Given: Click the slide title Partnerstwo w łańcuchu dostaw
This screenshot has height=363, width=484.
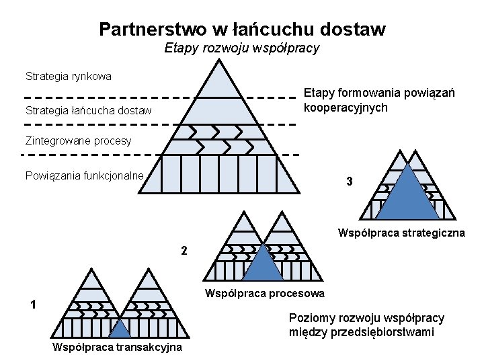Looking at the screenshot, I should point(242,30).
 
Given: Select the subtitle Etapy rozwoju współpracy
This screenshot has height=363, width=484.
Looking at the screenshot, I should point(242,48).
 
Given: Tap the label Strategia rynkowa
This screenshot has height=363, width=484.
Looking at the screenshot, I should point(69,76).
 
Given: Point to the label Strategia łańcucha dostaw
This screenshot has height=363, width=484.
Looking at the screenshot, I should point(88,110).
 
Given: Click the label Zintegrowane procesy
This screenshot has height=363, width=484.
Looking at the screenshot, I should point(78,141).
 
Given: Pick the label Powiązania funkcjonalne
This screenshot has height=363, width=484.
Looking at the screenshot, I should point(85,175).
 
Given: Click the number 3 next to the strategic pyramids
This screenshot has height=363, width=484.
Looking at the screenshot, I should point(349,182).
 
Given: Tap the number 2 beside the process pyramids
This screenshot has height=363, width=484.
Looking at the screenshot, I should point(184,251).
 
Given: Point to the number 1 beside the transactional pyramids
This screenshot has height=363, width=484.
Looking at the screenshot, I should point(33,305).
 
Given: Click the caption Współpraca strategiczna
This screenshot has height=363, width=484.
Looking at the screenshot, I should point(401,233).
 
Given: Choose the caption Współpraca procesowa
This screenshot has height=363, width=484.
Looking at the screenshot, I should point(264,293).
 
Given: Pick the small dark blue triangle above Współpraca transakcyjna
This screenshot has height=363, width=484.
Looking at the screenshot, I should point(119,329).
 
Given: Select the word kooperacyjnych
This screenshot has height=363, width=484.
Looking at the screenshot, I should point(346,107).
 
